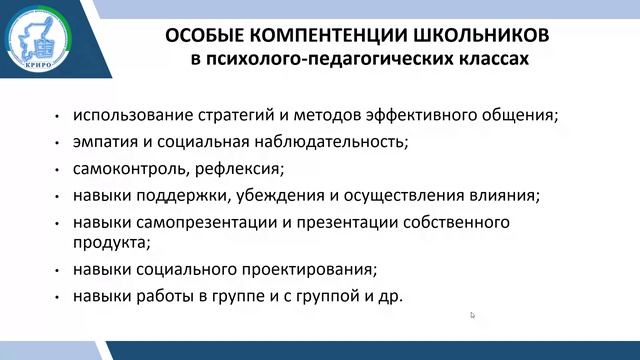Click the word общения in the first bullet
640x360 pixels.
point(520,115)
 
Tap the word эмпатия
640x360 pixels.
point(104,141)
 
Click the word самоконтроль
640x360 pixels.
point(125,167)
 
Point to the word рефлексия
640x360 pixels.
point(240,167)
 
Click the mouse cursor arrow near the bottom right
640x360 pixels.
point(473,316)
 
